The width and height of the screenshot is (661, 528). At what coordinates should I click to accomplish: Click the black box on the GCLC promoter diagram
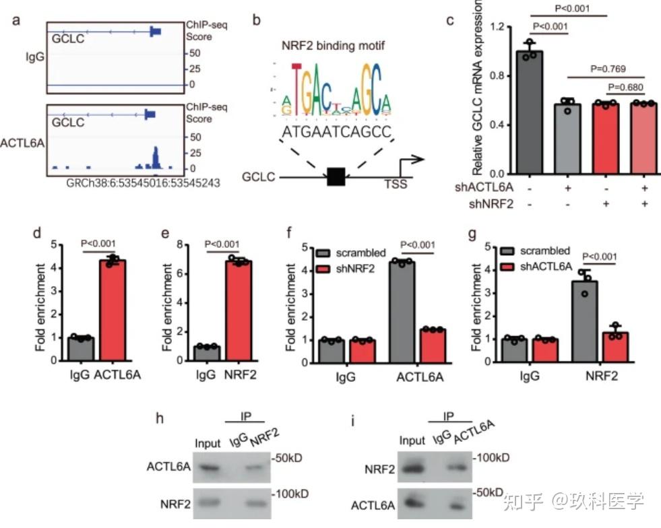[x=336, y=176]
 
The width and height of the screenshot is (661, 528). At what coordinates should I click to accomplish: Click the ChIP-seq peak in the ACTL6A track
[x=155, y=156]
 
